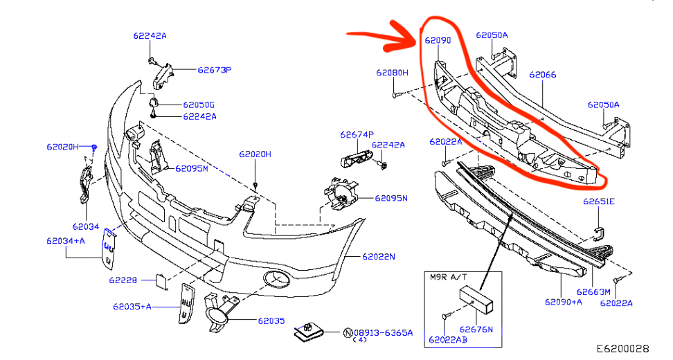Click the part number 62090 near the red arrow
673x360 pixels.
click(438, 41)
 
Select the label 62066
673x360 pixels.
click(543, 74)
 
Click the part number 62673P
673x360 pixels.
click(214, 70)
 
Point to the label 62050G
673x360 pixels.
click(199, 105)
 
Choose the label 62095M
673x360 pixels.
click(191, 168)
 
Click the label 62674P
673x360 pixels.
click(357, 134)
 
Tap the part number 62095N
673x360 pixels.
click(391, 198)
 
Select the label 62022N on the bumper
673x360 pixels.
click(378, 257)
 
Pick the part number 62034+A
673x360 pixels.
click(66, 240)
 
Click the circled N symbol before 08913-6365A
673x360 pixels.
click(348, 333)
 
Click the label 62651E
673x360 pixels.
click(598, 202)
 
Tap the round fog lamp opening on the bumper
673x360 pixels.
click(276, 280)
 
